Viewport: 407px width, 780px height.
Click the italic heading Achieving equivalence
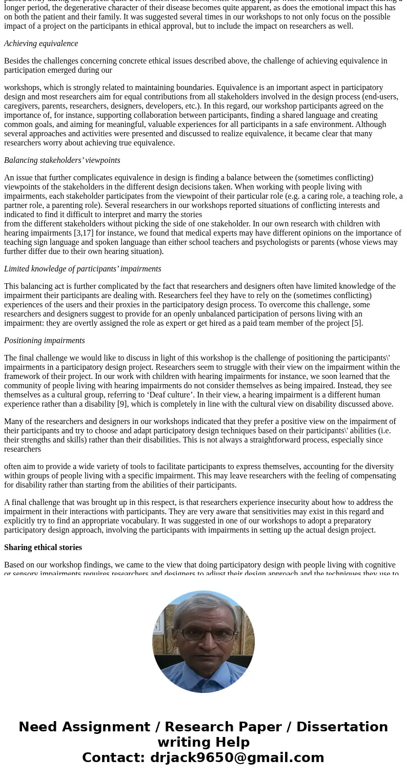pos(41,44)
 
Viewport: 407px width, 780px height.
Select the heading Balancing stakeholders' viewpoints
pos(62,160)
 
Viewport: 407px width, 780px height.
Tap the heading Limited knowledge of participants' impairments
pos(83,269)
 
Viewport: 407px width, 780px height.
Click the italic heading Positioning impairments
pos(45,341)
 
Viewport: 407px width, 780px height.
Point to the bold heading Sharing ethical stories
pos(43,547)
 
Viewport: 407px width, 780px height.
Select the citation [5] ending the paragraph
pos(357,323)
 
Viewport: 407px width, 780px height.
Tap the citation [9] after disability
pos(111,404)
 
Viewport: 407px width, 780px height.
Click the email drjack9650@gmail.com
pos(237,757)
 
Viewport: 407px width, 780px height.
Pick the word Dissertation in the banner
pos(342,727)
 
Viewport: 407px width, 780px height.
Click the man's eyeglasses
pos(205,635)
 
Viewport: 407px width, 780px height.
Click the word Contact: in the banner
pos(113,757)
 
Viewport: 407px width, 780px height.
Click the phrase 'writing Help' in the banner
pos(203,742)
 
